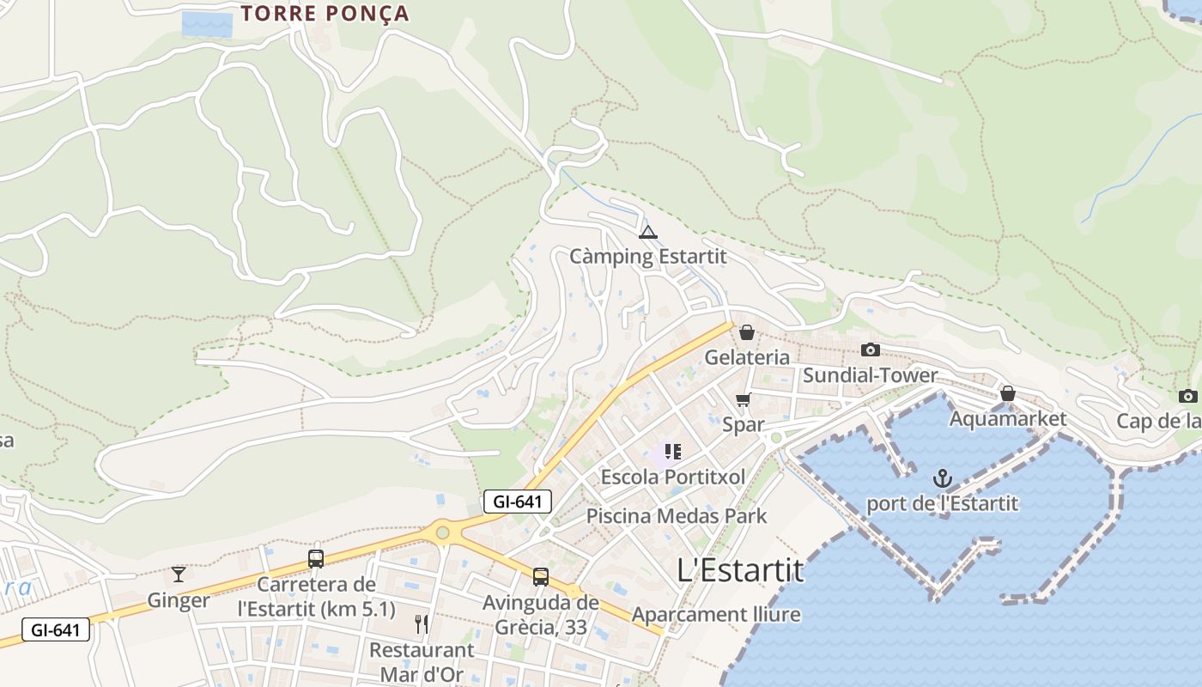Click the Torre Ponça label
pyautogui.click(x=325, y=14)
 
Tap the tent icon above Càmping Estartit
pyautogui.click(x=648, y=231)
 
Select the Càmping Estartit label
pyautogui.click(x=648, y=257)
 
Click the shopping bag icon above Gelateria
pyautogui.click(x=747, y=332)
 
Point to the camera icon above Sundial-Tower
pyautogui.click(x=871, y=350)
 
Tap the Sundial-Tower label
pyautogui.click(x=870, y=375)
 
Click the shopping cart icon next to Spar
pyautogui.click(x=744, y=399)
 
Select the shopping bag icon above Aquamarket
pyautogui.click(x=1008, y=393)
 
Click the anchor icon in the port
pyautogui.click(x=943, y=478)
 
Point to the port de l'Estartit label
pyautogui.click(x=943, y=504)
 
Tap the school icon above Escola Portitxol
pyautogui.click(x=673, y=451)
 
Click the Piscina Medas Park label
pyautogui.click(x=677, y=516)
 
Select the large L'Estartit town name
pyautogui.click(x=740, y=569)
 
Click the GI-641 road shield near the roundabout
pyautogui.click(x=517, y=502)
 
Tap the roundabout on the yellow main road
pyautogui.click(x=442, y=532)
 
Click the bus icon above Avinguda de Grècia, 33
pyautogui.click(x=541, y=577)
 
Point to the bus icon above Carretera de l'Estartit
pyautogui.click(x=316, y=559)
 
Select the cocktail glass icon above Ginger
pyautogui.click(x=179, y=574)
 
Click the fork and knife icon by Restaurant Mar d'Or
pyautogui.click(x=421, y=624)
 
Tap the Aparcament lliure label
pyautogui.click(x=716, y=615)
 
